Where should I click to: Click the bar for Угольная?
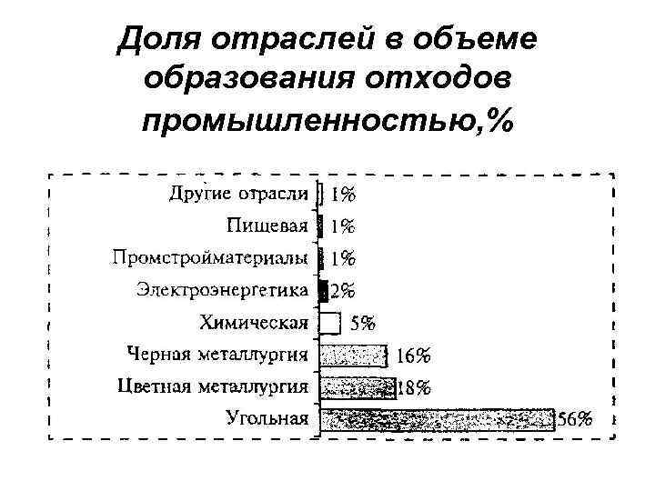437,419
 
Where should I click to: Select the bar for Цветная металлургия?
358,387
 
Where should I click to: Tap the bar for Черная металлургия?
354,355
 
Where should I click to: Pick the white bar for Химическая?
330,322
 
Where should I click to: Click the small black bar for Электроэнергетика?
323,290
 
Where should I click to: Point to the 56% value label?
575,419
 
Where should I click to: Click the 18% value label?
415,388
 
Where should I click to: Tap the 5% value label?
362,323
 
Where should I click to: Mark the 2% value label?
343,291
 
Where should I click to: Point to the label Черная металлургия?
218,355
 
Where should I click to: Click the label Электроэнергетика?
223,290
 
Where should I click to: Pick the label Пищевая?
268,225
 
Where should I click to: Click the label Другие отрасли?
239,194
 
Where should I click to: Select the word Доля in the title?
157,38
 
